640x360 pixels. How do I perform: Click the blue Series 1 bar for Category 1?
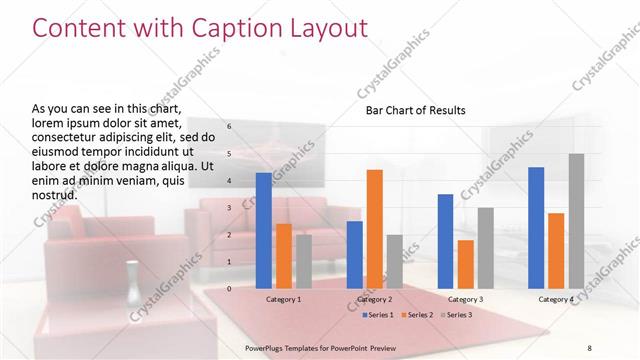click(x=264, y=231)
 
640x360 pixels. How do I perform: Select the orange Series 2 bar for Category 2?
click(x=374, y=229)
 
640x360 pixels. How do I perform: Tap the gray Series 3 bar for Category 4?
click(x=576, y=221)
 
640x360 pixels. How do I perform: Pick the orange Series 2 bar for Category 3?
click(x=465, y=264)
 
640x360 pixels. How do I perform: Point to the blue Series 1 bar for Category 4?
click(x=536, y=228)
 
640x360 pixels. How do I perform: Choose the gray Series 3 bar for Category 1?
click(x=304, y=262)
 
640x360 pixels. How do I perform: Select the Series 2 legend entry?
click(x=417, y=315)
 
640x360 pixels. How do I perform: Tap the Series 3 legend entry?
click(x=455, y=315)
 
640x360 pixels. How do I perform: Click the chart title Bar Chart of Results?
click(x=414, y=110)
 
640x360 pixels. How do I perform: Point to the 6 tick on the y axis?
click(x=229, y=127)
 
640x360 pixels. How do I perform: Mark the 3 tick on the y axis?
click(x=229, y=208)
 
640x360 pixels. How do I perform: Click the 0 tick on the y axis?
click(x=229, y=288)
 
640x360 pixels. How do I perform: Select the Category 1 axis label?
click(x=284, y=299)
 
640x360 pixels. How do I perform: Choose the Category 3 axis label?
click(x=465, y=299)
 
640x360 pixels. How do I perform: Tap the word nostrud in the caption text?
click(x=55, y=193)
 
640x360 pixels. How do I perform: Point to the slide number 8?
click(x=589, y=346)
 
